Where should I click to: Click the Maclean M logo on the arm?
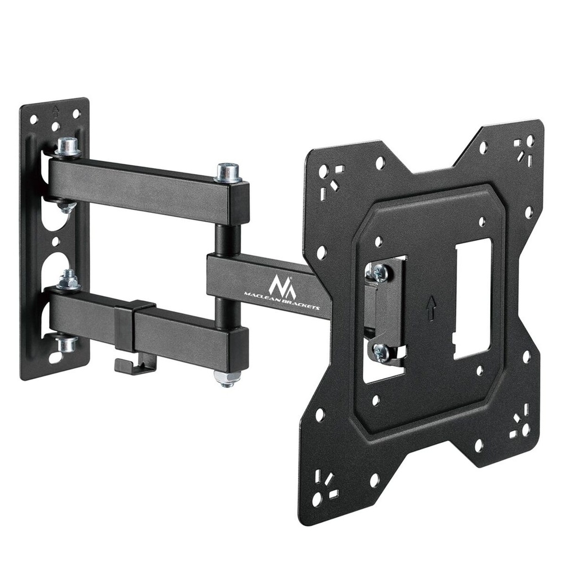tap(282, 284)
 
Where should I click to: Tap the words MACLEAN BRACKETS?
tap(282, 302)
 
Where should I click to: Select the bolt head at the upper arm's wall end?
tap(67, 146)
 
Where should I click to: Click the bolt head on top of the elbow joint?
tap(228, 172)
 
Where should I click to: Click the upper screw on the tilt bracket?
tap(380, 272)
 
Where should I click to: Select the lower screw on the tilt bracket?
tap(381, 352)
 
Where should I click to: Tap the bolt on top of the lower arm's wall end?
tap(69, 280)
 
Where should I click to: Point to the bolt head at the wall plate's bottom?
tap(67, 344)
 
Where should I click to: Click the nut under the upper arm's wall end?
tap(66, 207)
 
